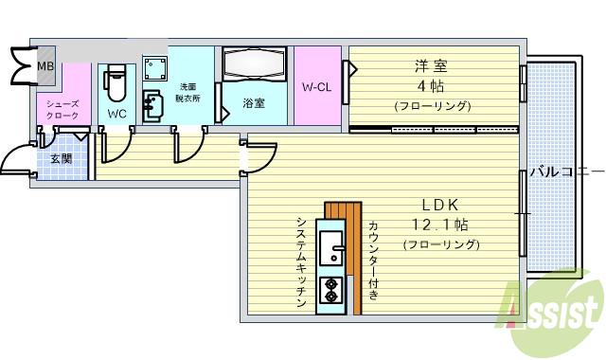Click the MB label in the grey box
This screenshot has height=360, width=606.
pos(45,66)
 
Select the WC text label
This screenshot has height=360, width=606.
pos(116,114)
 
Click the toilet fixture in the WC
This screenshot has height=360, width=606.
pos(115,83)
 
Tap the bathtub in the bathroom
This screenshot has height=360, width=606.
pos(253,67)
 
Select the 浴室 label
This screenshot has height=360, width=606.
pos(253,102)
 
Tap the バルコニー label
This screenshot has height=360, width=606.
pos(566,171)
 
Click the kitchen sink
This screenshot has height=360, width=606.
pos(332,250)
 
